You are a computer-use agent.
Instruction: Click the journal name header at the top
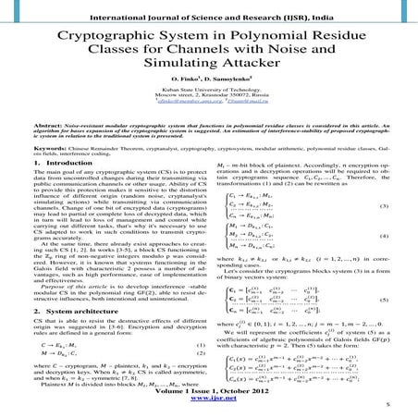tap(208, 8)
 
